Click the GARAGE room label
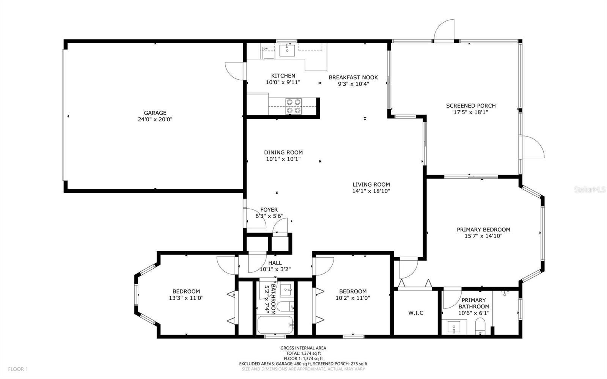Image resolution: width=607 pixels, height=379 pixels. tap(155, 113)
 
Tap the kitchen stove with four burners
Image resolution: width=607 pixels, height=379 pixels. tap(294, 107)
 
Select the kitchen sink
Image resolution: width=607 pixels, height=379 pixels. tap(287, 50)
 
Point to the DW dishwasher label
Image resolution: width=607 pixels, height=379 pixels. tap(266, 49)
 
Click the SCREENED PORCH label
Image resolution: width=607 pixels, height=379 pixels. tap(471, 105)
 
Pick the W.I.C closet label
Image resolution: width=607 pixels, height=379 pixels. tap(416, 313)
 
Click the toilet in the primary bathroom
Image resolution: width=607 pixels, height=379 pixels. tap(480, 326)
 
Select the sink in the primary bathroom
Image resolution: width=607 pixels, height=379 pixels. tap(453, 327)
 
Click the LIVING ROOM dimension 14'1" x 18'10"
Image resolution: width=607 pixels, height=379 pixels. tap(371, 191)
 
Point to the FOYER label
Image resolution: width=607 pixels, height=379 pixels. tap(269, 210)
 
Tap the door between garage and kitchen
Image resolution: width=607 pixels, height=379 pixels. tap(236, 71)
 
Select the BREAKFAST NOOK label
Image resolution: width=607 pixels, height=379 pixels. tap(353, 77)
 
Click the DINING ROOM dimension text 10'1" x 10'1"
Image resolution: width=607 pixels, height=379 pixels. tap(283, 159)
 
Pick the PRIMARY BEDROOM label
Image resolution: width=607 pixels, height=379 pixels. tap(483, 230)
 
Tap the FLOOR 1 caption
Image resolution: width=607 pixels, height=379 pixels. tap(18, 369)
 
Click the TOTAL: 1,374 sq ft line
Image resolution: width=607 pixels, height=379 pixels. tap(303, 353)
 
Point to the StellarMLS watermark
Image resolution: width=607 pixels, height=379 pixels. tap(590, 189)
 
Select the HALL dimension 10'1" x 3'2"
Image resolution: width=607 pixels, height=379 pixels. tap(275, 269)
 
